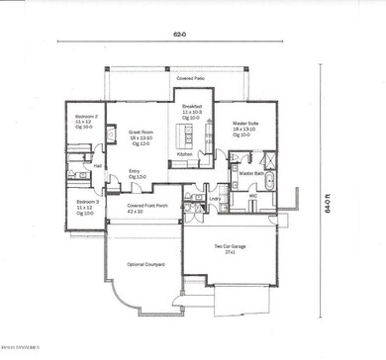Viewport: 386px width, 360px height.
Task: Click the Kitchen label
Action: pyautogui.click(x=184, y=154)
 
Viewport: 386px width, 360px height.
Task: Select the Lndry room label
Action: pyautogui.click(x=214, y=198)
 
